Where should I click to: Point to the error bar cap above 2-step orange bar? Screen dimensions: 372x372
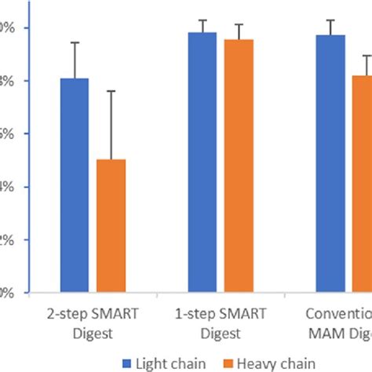tap(111, 91)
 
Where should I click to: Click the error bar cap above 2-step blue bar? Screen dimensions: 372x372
tap(75, 42)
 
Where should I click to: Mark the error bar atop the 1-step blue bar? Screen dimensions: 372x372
tap(202, 20)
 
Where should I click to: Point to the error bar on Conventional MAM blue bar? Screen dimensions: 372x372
tap(330, 21)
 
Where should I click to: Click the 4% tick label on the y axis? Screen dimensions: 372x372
tap(5, 187)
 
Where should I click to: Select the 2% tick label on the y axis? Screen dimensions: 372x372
tap(5, 240)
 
